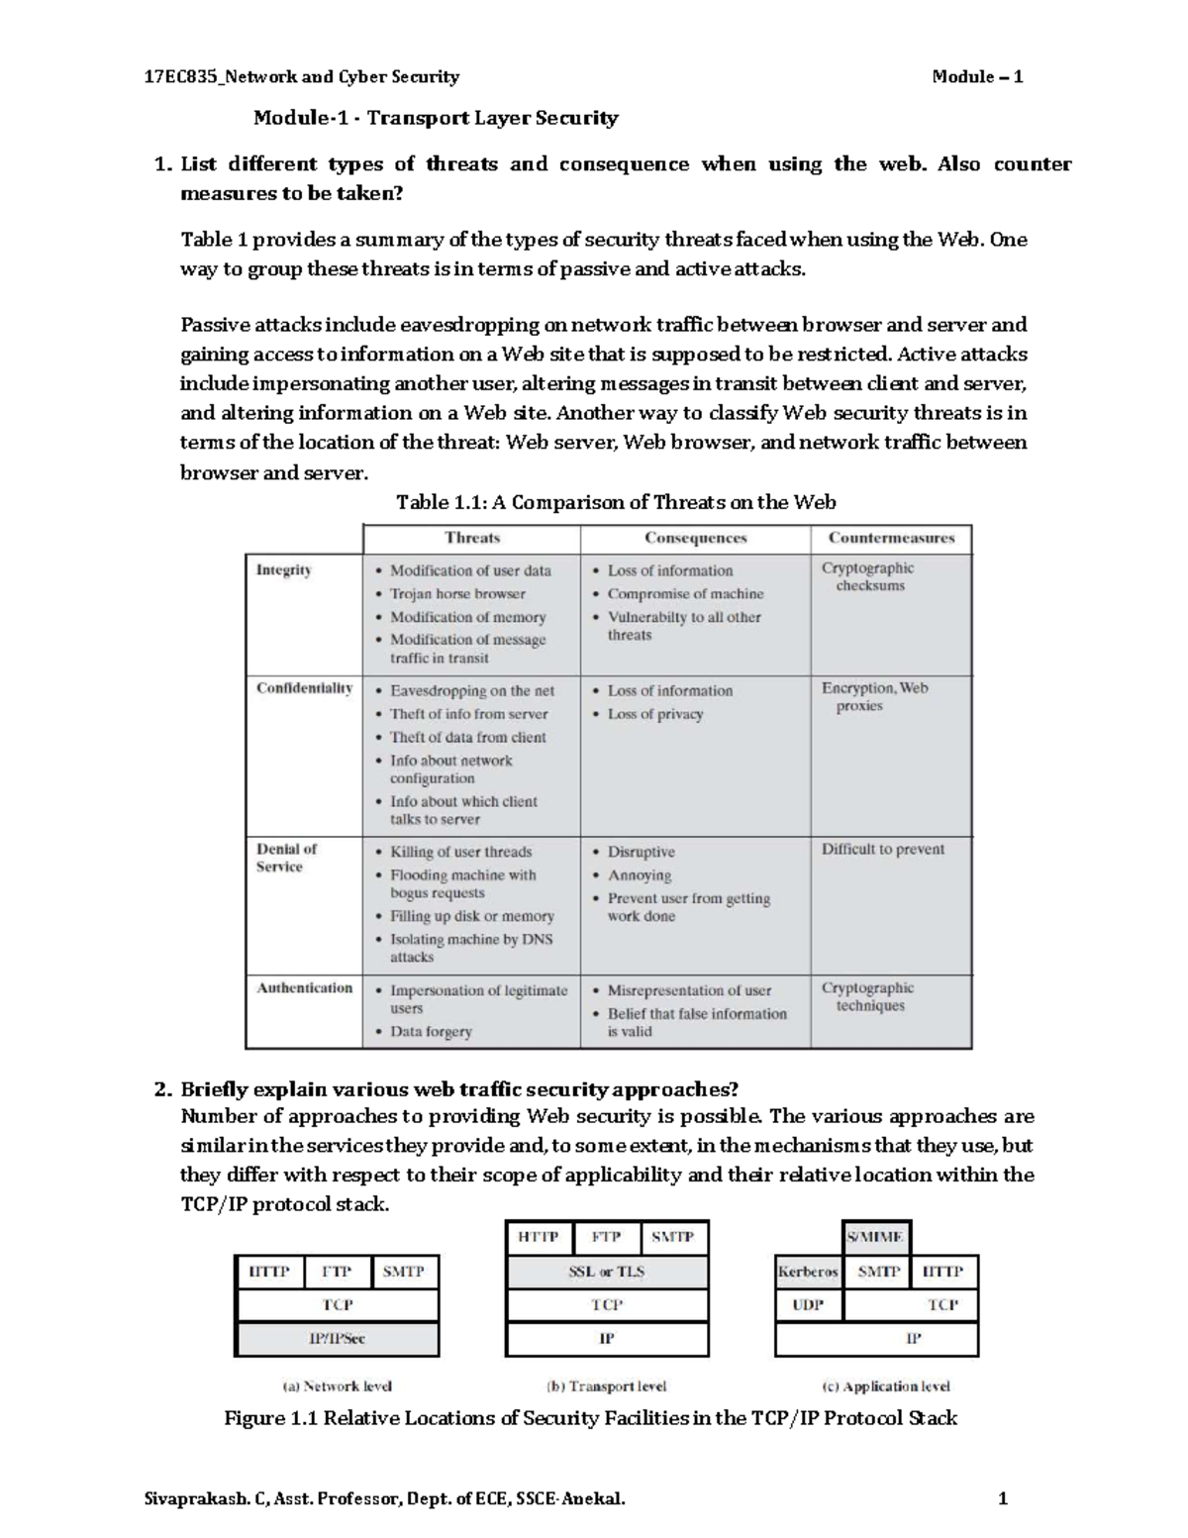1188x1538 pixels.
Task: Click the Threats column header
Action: pyautogui.click(x=472, y=538)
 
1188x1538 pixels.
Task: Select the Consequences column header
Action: pyautogui.click(x=695, y=538)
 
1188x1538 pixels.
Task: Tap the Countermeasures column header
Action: pyautogui.click(x=891, y=538)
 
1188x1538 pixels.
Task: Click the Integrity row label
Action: pyautogui.click(x=284, y=570)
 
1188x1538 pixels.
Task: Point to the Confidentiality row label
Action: pyautogui.click(x=304, y=688)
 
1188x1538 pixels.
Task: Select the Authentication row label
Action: pyautogui.click(x=304, y=987)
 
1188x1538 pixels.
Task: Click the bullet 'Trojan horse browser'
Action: pyautogui.click(x=457, y=594)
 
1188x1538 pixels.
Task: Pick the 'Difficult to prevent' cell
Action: pyautogui.click(x=882, y=849)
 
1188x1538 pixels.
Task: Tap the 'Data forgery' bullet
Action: pyautogui.click(x=431, y=1031)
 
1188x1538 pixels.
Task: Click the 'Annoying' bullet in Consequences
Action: pyautogui.click(x=639, y=875)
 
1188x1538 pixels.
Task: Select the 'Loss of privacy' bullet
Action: pyautogui.click(x=654, y=714)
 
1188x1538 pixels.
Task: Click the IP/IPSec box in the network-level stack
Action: pyautogui.click(x=337, y=1338)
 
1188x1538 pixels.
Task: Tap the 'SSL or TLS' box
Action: pyautogui.click(x=607, y=1272)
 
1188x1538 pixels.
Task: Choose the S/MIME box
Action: pyautogui.click(x=875, y=1237)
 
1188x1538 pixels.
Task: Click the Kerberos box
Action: pyautogui.click(x=808, y=1272)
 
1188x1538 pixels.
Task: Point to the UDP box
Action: pyautogui.click(x=808, y=1304)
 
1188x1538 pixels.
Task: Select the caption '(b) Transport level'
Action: pyautogui.click(x=606, y=1386)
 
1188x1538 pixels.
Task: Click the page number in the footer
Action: pyautogui.click(x=1003, y=1499)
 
